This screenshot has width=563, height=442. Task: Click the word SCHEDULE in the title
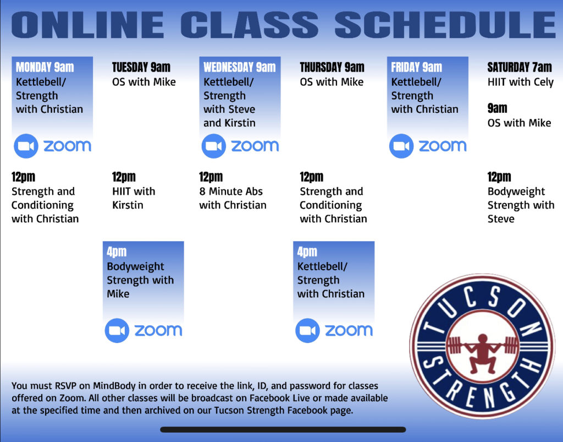click(445, 24)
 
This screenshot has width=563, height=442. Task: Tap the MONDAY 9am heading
click(45, 67)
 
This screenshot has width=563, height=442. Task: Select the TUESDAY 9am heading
click(141, 67)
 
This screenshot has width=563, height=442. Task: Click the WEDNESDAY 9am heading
click(240, 67)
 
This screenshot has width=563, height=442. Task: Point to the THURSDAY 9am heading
click(332, 67)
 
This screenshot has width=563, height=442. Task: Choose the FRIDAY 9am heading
click(417, 67)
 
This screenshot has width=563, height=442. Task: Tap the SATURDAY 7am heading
click(520, 67)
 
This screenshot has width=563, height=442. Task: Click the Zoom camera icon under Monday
click(26, 146)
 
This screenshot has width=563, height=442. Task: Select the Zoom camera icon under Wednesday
click(214, 146)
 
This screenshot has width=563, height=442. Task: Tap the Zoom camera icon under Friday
click(401, 146)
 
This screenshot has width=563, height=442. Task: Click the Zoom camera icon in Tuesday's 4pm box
click(117, 330)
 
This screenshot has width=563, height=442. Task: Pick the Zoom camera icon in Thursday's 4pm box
click(308, 330)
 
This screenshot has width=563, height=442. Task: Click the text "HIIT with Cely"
click(521, 83)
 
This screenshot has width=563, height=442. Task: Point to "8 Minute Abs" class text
click(231, 191)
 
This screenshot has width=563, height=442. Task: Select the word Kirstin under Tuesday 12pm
click(128, 205)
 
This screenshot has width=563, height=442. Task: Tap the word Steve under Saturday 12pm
click(501, 219)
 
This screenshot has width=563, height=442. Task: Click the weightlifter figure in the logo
click(482, 353)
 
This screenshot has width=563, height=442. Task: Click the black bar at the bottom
click(283, 429)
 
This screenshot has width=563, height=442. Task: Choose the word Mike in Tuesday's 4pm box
click(118, 293)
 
